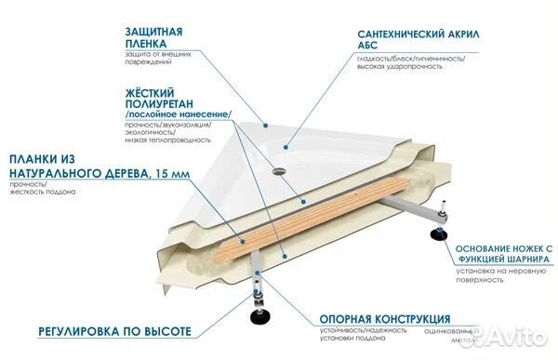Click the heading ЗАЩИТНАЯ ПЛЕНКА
click(x=158, y=35)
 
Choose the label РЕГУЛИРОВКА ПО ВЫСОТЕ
click(x=103, y=331)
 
